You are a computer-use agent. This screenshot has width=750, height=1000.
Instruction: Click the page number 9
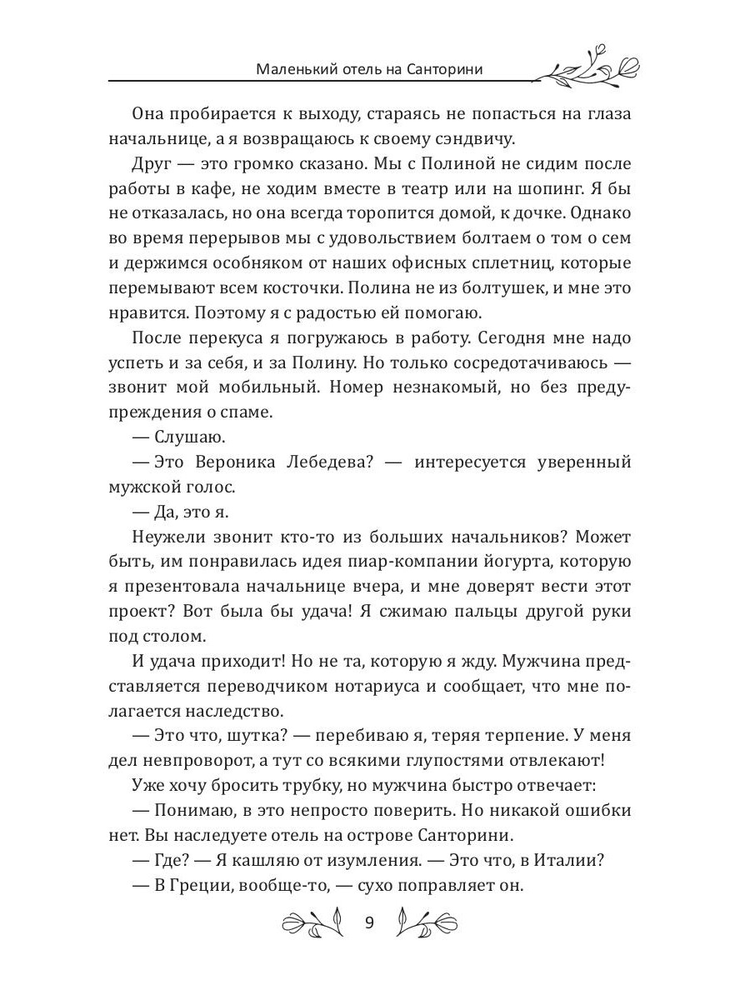coord(371,922)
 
